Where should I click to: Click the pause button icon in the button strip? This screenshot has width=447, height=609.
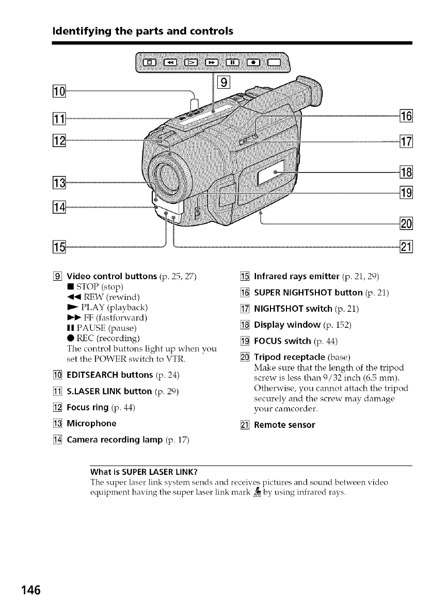pyautogui.click(x=233, y=62)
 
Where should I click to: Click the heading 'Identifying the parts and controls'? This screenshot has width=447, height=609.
pyautogui.click(x=142, y=31)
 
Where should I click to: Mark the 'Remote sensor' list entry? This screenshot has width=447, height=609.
pyautogui.click(x=284, y=425)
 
